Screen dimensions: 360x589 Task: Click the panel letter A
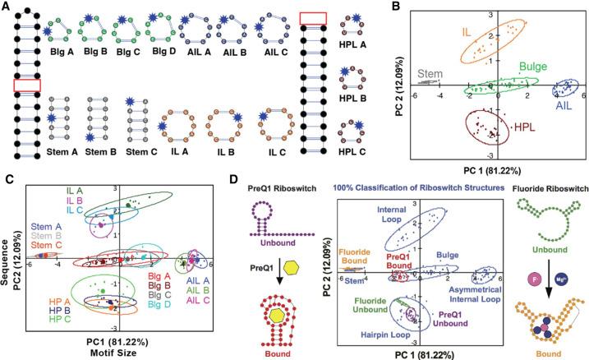tap(7, 7)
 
